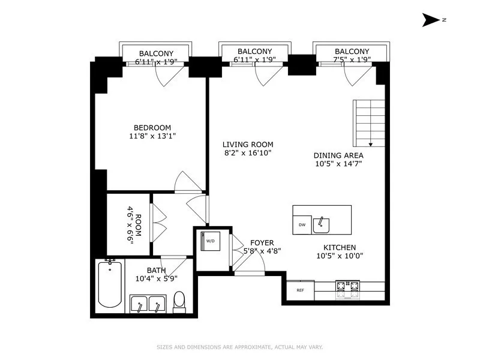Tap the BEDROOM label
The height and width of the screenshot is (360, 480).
point(152,127)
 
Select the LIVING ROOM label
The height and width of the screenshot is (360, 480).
point(248,144)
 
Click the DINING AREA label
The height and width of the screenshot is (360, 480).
point(338,155)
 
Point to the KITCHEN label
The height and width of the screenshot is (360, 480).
point(340,247)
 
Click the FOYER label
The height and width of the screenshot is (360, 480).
point(262,243)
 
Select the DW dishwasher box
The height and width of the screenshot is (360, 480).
point(302,224)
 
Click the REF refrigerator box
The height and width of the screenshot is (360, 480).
point(300,290)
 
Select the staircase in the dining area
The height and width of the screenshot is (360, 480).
point(368,123)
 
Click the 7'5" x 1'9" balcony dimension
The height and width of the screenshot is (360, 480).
point(352,59)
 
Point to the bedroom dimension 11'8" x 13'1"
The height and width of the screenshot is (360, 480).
point(152,136)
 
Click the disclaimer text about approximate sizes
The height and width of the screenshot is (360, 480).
point(240,347)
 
